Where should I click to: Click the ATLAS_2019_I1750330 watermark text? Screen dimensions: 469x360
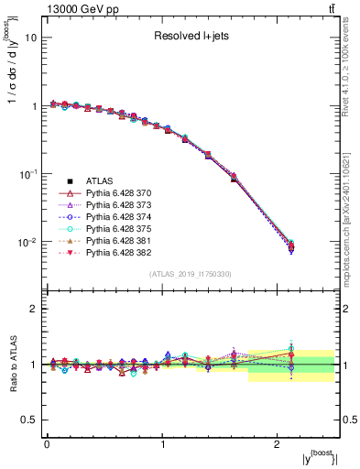tap(191, 274)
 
